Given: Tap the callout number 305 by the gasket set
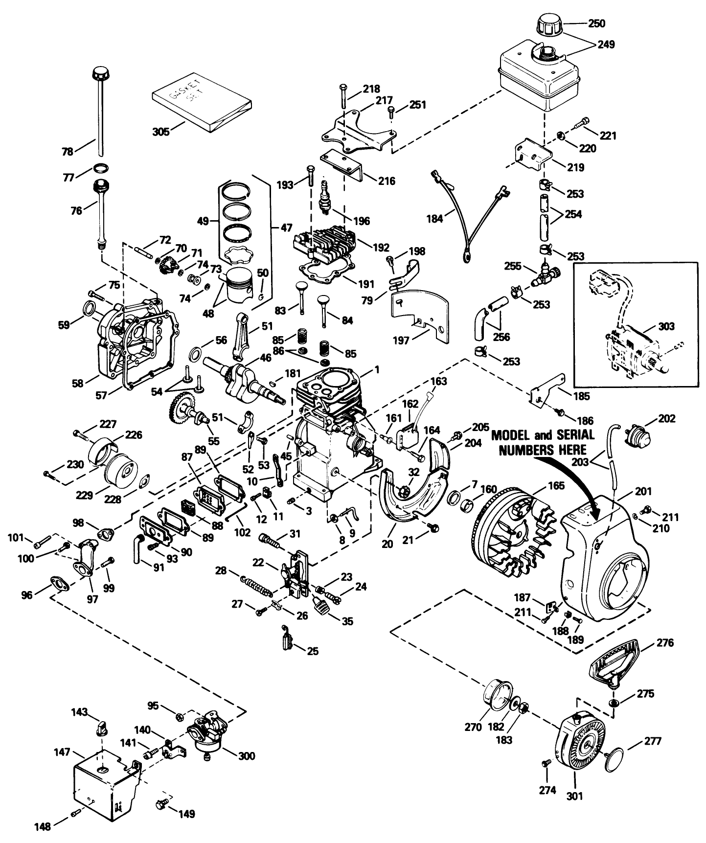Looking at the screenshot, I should pyautogui.click(x=160, y=132).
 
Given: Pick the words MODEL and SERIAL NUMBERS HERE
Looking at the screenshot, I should pyautogui.click(x=543, y=442).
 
